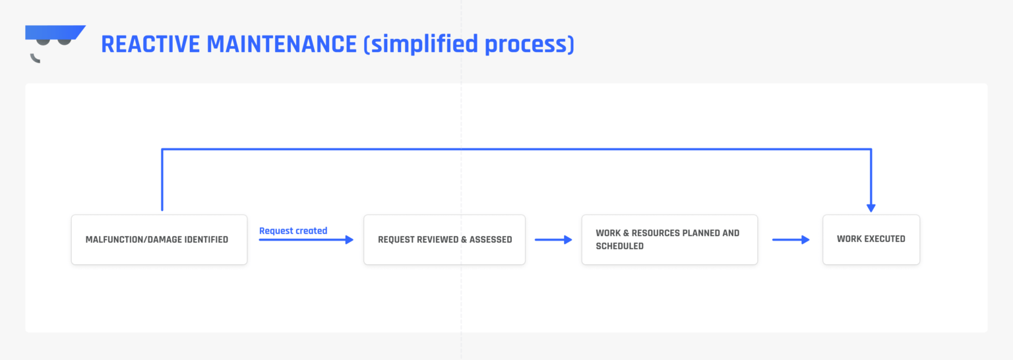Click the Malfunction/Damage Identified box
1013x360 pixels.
click(159, 239)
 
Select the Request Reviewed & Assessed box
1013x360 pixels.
click(444, 239)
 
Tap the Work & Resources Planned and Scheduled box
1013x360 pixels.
click(669, 239)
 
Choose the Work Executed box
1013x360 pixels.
click(871, 239)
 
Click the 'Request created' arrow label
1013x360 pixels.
click(293, 231)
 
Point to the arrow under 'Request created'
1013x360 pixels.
click(306, 240)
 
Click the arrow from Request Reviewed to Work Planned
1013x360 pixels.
click(553, 240)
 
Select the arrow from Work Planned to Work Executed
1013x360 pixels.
click(790, 240)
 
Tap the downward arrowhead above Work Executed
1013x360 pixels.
click(871, 207)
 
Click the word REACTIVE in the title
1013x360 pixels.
click(150, 44)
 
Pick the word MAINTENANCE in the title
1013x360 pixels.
click(282, 44)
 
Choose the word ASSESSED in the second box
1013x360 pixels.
click(491, 240)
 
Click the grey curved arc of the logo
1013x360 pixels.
click(34, 59)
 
